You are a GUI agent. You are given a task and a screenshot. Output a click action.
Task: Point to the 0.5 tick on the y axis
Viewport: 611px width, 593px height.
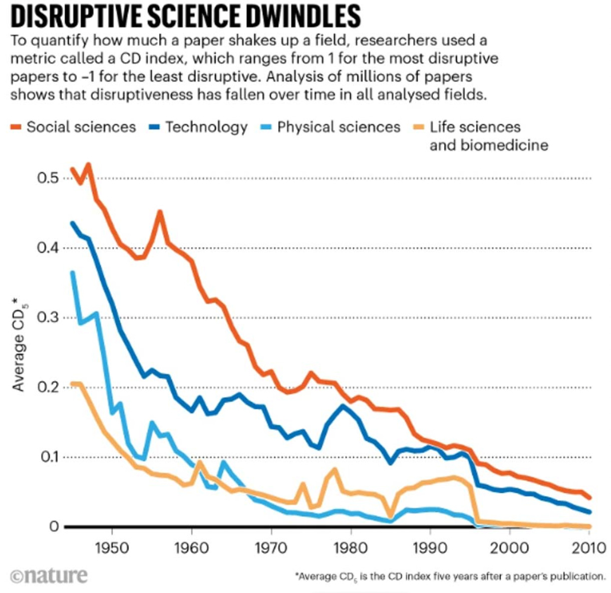tap(48, 178)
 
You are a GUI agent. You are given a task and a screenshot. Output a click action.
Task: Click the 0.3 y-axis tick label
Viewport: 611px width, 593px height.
tap(48, 318)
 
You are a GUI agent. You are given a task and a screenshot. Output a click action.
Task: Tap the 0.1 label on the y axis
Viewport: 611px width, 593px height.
tap(48, 457)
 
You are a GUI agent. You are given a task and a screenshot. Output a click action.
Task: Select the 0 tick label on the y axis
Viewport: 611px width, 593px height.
tap(54, 527)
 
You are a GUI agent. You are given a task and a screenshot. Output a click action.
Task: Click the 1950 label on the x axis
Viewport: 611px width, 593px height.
tap(112, 547)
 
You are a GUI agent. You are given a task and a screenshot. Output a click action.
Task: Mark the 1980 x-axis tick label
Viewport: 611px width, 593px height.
tap(351, 547)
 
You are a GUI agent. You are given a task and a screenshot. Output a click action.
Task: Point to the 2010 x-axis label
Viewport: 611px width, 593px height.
tap(589, 547)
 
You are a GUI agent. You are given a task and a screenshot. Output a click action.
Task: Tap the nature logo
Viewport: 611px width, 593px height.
tap(49, 575)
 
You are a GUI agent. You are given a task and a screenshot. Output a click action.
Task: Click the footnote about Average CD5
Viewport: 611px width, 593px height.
tap(450, 576)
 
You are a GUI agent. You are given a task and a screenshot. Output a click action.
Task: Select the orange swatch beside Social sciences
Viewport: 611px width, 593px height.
tap(16, 128)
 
